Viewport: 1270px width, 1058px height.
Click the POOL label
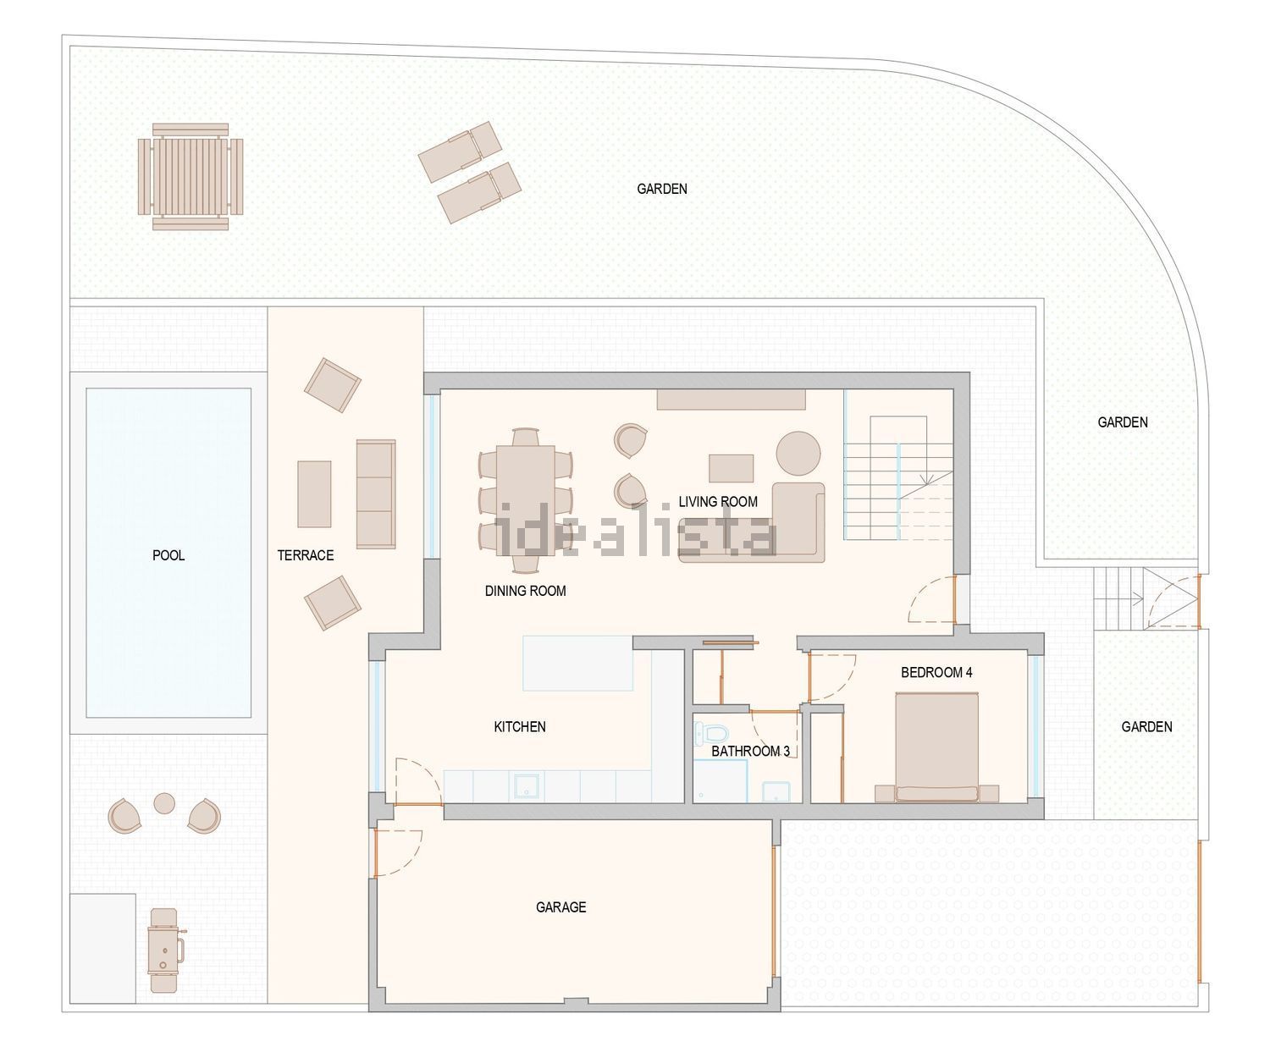pyautogui.click(x=168, y=555)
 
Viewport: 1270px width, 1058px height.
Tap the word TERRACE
pyautogui.click(x=306, y=555)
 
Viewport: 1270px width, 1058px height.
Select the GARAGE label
pyautogui.click(x=560, y=907)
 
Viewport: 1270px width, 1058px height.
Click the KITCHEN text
pyautogui.click(x=520, y=726)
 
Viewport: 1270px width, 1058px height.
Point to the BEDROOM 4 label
pyautogui.click(x=936, y=673)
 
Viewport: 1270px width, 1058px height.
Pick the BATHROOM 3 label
pyautogui.click(x=750, y=752)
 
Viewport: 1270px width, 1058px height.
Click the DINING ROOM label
pyautogui.click(x=525, y=591)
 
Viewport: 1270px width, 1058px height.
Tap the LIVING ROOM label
pyautogui.click(x=718, y=502)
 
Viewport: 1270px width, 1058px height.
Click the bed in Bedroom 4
pyautogui.click(x=936, y=747)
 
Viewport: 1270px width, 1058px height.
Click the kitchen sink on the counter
pyautogui.click(x=526, y=785)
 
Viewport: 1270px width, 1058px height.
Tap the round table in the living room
pyautogui.click(x=798, y=453)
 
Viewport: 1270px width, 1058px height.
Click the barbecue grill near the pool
pyautogui.click(x=165, y=951)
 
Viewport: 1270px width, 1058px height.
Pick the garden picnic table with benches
pyautogui.click(x=190, y=177)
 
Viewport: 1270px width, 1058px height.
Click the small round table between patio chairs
pyautogui.click(x=164, y=803)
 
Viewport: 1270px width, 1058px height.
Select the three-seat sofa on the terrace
pyautogui.click(x=376, y=494)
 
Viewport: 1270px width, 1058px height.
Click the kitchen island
pyautogui.click(x=577, y=663)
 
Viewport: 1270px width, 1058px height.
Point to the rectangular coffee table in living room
pyautogui.click(x=732, y=468)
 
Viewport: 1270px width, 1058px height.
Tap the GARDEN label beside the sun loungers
pyautogui.click(x=662, y=189)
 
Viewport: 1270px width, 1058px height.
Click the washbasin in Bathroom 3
pyautogui.click(x=776, y=791)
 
